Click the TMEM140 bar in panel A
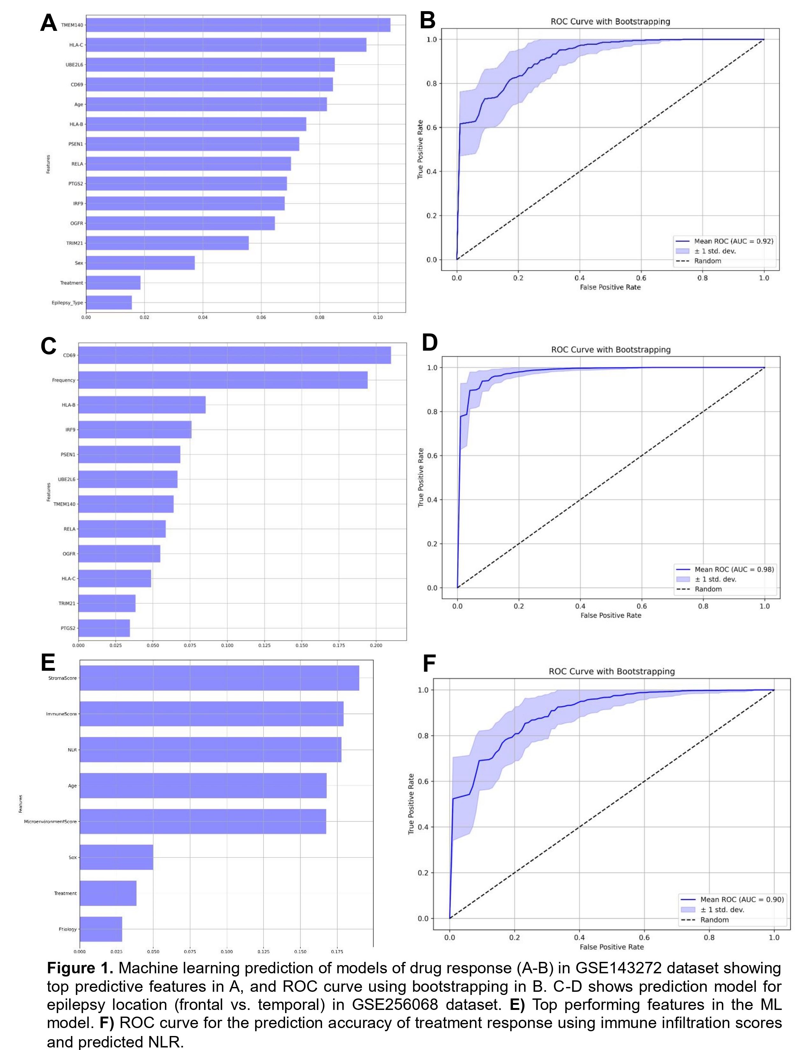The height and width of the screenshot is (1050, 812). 238,25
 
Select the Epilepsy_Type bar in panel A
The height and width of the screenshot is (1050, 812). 109,302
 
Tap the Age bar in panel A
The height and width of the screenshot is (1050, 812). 206,104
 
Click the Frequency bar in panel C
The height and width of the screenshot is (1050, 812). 223,380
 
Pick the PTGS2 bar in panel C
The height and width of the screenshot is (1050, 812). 104,628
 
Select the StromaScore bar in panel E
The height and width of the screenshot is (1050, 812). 219,678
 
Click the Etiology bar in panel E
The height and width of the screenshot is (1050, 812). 101,929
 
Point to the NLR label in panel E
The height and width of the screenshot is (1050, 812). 72,750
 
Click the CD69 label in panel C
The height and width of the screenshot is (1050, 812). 69,355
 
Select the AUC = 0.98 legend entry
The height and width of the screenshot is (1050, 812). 734,569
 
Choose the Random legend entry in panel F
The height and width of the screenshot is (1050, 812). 714,920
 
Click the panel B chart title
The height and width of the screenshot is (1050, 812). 610,22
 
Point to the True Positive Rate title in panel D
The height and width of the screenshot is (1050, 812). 421,477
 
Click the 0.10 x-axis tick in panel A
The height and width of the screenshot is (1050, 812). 378,317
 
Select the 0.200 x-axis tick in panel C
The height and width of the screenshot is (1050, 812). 376,645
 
